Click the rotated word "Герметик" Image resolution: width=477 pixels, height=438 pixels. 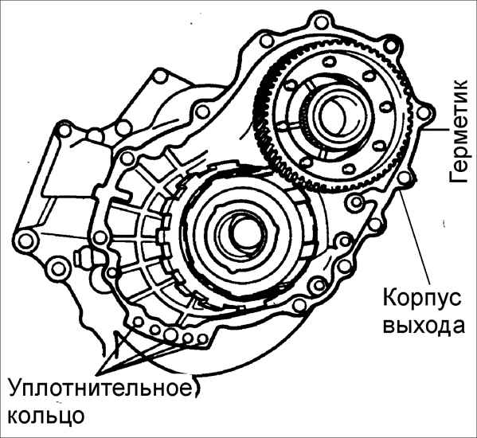[459, 131]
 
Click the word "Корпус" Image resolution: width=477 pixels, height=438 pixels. [421, 298]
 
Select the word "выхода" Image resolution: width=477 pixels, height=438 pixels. [423, 327]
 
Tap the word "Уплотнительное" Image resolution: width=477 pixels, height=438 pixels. [100, 389]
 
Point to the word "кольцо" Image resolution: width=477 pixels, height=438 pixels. [45, 416]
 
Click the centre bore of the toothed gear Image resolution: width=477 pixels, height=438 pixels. [332, 115]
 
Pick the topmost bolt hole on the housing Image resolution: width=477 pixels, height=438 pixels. [320, 22]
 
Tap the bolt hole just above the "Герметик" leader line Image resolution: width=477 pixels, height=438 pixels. [422, 114]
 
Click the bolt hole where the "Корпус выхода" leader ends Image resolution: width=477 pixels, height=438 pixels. [405, 178]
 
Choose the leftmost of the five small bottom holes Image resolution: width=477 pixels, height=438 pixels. [139, 322]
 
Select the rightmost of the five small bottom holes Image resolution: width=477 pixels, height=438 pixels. [201, 338]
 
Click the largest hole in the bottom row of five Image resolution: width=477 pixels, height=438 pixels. [170, 334]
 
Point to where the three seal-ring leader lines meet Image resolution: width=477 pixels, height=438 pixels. [103, 373]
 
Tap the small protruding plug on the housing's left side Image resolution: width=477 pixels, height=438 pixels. [80, 255]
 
